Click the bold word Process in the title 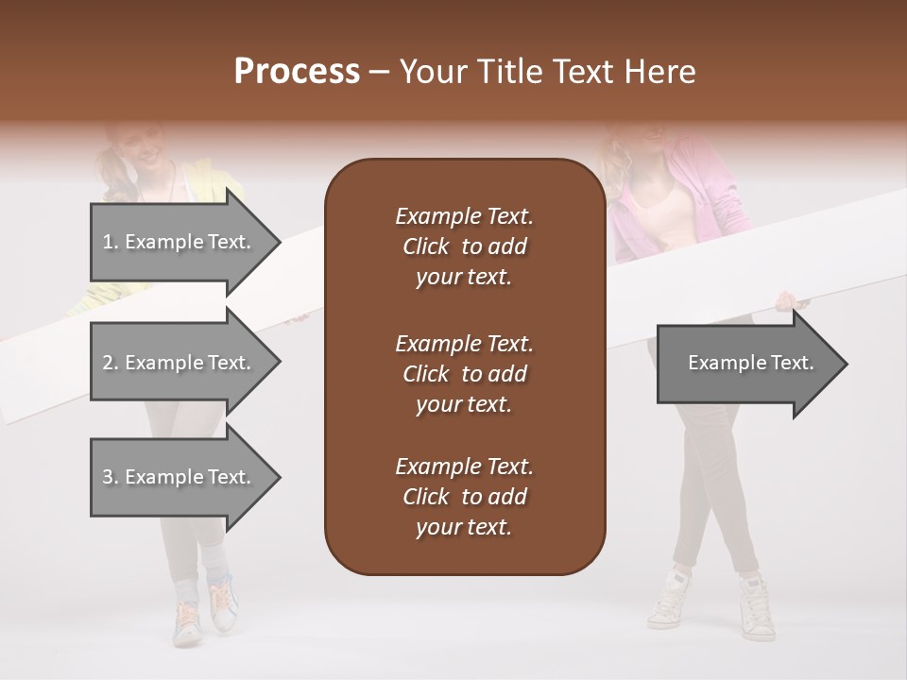297,72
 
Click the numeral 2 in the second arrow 108,363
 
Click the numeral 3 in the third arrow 108,477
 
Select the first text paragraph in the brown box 464,246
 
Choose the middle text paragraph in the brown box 464,373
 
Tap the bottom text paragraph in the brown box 464,497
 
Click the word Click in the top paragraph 426,246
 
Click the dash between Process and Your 380,72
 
